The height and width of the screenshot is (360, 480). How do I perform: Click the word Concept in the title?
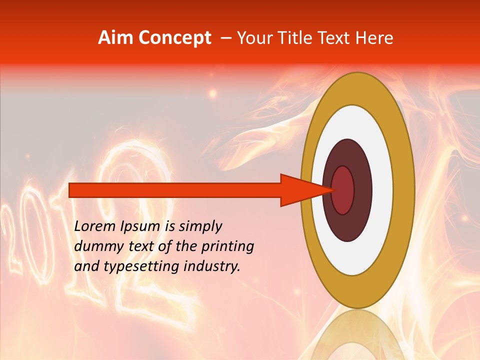175,38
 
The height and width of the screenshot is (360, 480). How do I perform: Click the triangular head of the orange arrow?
300,190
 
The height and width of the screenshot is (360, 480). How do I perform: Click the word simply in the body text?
200,226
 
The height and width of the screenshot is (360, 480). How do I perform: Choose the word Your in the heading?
252,38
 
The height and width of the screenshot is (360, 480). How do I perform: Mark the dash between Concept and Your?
225,38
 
